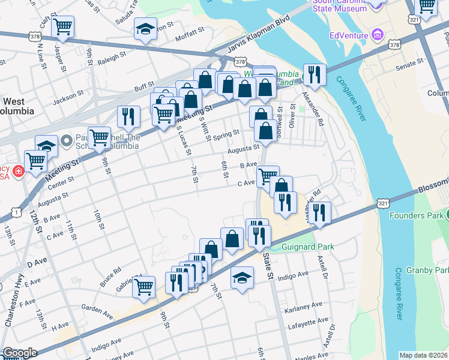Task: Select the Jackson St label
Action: [67, 96]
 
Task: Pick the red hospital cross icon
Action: [19, 172]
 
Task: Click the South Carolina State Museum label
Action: [339, 5]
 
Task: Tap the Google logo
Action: [20, 353]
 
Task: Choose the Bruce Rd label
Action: [110, 277]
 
